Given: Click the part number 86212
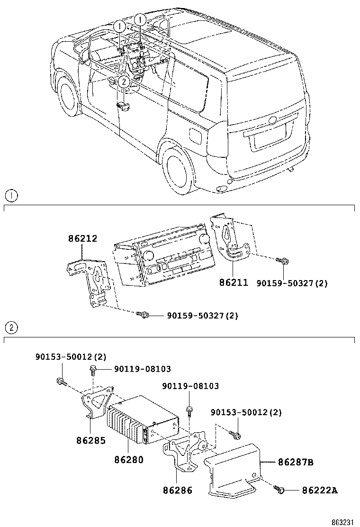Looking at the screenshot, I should point(82,238).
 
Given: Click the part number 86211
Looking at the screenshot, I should point(234,282).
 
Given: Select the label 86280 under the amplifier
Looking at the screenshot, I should point(128,459).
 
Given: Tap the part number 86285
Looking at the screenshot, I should point(91,440).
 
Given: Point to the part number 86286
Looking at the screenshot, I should point(178,490).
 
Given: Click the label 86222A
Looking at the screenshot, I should point(320,490).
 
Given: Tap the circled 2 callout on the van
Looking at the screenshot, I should point(123,82).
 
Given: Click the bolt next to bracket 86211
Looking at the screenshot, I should point(284,260).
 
